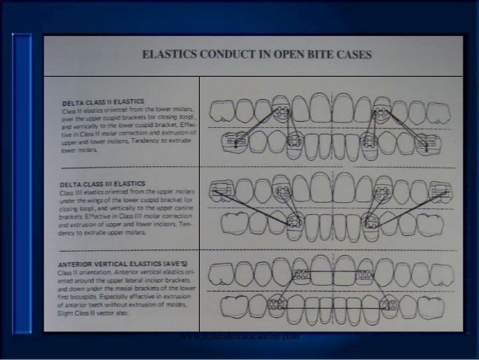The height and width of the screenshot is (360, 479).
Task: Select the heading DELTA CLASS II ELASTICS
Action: tap(104, 101)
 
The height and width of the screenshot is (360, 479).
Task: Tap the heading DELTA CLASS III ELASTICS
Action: tap(106, 182)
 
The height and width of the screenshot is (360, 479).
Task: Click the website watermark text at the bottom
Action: tap(239, 337)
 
